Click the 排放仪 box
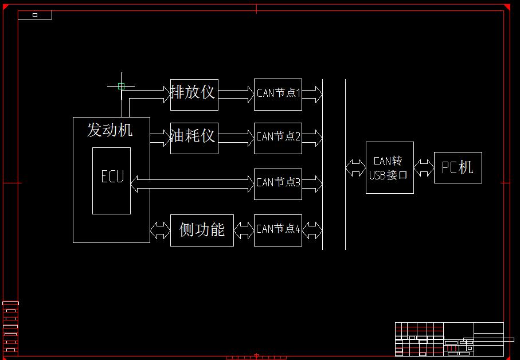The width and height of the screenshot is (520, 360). click(x=194, y=93)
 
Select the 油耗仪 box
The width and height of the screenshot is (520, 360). click(x=194, y=138)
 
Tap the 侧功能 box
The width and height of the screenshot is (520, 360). click(x=202, y=230)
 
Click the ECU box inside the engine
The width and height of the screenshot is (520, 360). click(x=112, y=181)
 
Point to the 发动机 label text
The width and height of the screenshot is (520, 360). click(x=110, y=130)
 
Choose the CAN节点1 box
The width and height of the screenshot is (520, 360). click(x=278, y=94)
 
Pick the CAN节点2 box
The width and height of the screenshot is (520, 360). click(x=278, y=138)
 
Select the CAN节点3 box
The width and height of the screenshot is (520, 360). click(x=278, y=184)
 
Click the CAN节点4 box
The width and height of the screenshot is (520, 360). click(x=278, y=230)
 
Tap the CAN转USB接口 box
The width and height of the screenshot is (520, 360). click(x=389, y=167)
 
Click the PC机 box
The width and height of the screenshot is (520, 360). click(x=458, y=167)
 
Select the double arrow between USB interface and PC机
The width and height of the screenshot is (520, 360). click(x=424, y=168)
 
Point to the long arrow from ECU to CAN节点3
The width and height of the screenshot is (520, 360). click(x=192, y=183)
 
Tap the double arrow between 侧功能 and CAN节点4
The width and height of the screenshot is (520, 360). click(x=244, y=230)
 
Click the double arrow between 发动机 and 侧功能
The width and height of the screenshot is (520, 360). click(x=160, y=230)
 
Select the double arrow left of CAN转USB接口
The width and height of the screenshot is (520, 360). click(x=355, y=168)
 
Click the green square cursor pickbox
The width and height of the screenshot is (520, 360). click(x=121, y=86)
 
